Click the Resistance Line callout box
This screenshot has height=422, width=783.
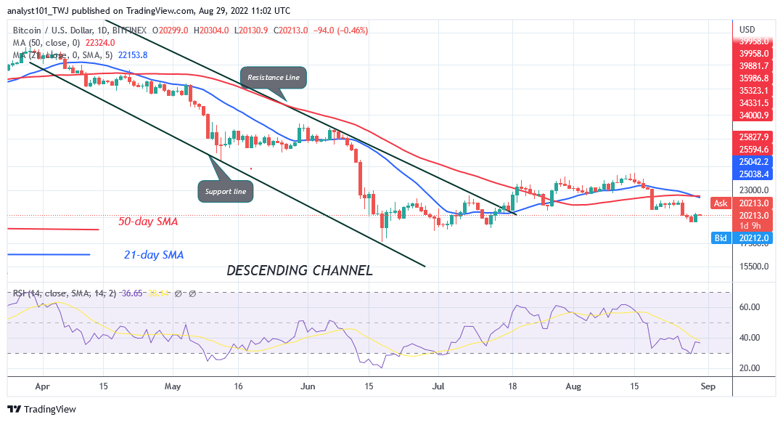coord(273,77)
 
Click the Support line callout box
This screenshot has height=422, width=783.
coord(226,192)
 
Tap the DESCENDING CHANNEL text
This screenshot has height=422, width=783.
coord(300,270)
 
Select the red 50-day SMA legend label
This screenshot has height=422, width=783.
coord(148,222)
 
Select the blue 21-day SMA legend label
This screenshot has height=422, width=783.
coord(153,255)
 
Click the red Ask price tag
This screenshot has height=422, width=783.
coord(721,203)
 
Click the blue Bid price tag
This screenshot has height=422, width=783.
coord(721,238)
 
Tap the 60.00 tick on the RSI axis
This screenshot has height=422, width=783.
coord(750,307)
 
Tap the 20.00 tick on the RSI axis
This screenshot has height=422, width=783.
coord(750,368)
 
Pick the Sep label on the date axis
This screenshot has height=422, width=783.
coord(708,387)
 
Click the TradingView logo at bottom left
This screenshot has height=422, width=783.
coord(42,410)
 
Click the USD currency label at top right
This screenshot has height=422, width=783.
coord(747,30)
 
